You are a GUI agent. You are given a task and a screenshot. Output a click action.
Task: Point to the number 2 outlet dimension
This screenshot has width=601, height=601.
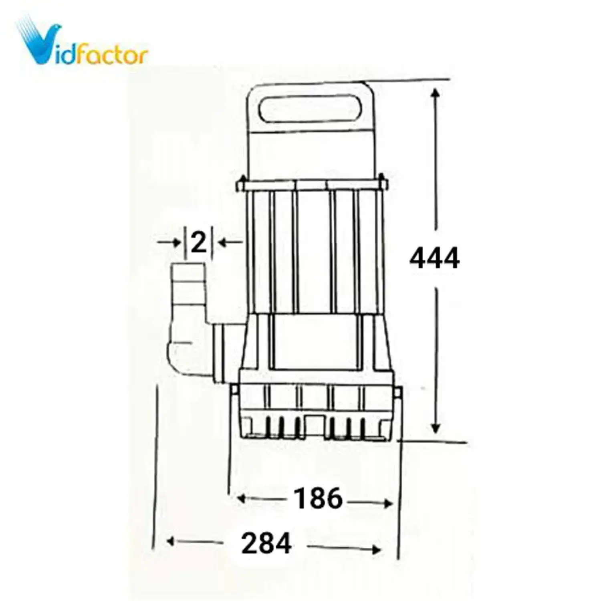[198, 242]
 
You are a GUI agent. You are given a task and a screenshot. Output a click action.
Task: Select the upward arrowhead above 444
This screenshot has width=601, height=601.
[436, 94]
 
